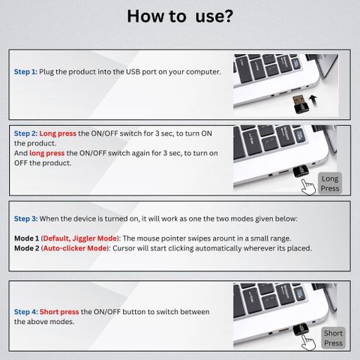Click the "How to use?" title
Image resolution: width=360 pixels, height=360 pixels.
[x=180, y=16]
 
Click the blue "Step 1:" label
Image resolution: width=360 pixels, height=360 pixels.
[x=25, y=72]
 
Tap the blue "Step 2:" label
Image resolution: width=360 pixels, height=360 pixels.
[x=25, y=133]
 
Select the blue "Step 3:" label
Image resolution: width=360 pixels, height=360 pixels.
[x=25, y=219]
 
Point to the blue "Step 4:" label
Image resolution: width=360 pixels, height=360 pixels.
[x=26, y=312]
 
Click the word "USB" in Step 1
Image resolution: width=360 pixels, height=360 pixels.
[x=133, y=72]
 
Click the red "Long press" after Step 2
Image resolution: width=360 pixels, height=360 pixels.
[x=58, y=133]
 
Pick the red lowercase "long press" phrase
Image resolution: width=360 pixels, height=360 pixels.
[x=47, y=153]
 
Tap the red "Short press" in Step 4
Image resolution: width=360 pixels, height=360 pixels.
[x=59, y=312]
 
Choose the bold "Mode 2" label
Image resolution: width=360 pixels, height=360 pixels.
[x=27, y=248]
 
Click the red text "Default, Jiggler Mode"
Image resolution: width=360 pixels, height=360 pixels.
[x=80, y=238]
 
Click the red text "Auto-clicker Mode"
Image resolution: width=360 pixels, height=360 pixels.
[x=75, y=248]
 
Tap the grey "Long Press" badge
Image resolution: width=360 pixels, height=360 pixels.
[x=330, y=184]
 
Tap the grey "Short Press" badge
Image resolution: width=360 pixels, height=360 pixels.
[x=333, y=338]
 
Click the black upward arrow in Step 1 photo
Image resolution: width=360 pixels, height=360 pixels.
[x=313, y=101]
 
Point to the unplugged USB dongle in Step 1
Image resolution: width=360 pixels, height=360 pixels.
[x=300, y=104]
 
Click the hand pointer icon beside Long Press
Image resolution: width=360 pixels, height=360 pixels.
[x=308, y=187]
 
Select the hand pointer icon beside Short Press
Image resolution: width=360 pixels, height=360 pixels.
[x=308, y=342]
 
